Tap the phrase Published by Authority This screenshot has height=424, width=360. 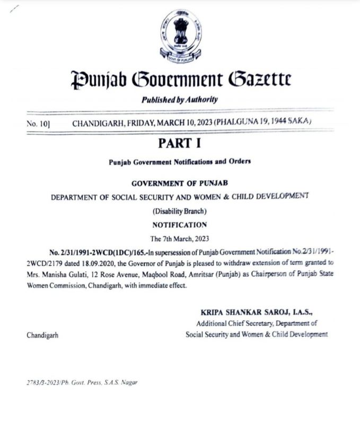180,100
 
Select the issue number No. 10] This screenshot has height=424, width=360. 37,123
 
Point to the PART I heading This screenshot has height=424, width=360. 180,143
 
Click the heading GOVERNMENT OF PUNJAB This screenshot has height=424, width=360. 180,183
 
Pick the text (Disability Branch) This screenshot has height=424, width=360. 180,211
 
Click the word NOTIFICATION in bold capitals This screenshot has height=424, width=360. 180,225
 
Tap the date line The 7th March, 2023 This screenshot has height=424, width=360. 180,238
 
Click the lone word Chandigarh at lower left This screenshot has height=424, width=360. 43,335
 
